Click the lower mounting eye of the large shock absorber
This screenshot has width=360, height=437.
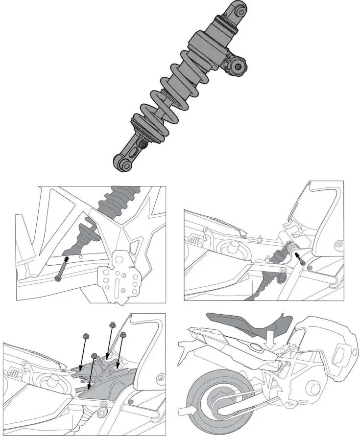(124, 162)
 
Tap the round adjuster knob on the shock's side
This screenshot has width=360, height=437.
(238, 67)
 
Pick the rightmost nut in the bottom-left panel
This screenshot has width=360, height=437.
(123, 335)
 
